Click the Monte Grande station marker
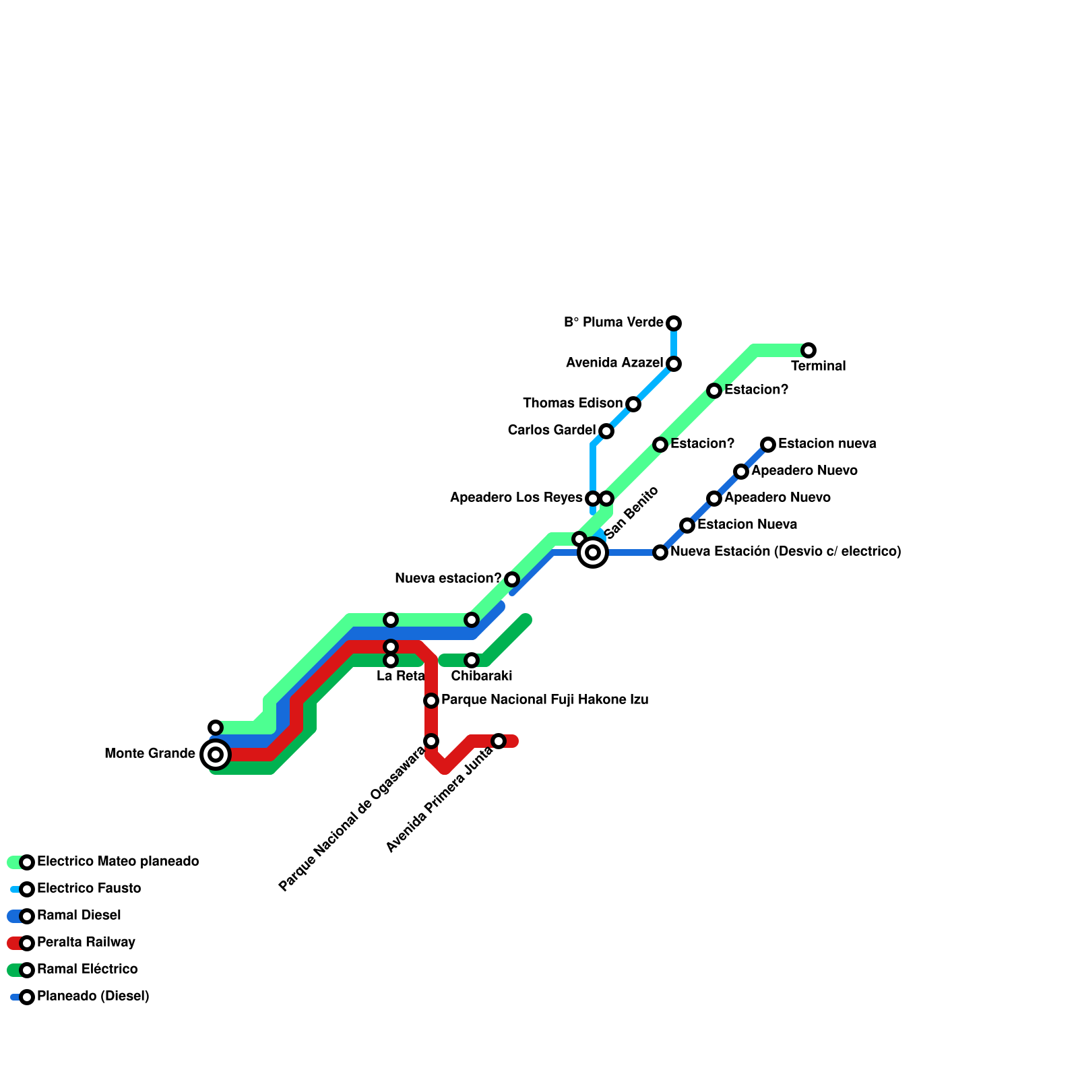(216, 755)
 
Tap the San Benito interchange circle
(593, 552)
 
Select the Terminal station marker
(808, 350)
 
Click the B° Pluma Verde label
(613, 323)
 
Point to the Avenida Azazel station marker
(674, 364)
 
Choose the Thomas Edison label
(573, 404)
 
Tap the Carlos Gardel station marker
(606, 431)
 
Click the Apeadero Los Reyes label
(515, 498)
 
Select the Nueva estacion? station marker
(512, 579)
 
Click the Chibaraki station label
(482, 676)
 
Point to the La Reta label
(400, 676)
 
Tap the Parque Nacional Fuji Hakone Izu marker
(431, 701)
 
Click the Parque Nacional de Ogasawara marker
(431, 741)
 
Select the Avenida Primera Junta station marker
(499, 741)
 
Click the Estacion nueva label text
(827, 444)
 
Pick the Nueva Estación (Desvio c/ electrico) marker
(660, 552)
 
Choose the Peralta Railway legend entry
(86, 943)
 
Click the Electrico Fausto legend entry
(88, 889)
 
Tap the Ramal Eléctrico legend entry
(87, 970)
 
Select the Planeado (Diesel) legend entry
(92, 996)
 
